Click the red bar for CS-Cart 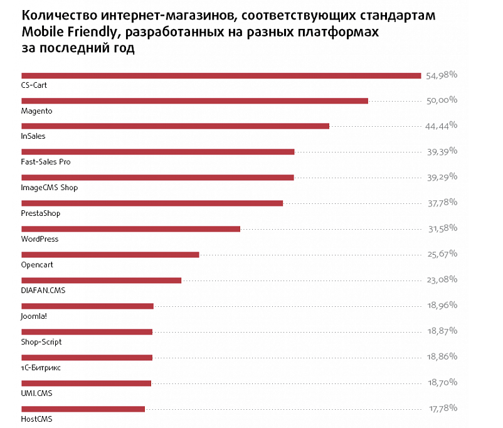click(x=221, y=76)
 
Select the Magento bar click(x=194, y=100)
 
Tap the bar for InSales click(x=175, y=126)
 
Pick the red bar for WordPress click(x=130, y=229)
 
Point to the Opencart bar click(x=110, y=255)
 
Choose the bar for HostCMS click(x=83, y=409)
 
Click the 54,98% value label click(x=442, y=75)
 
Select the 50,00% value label click(x=442, y=100)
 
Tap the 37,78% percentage click(x=442, y=203)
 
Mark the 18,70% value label click(x=442, y=382)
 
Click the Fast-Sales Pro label click(x=46, y=162)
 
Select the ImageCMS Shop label click(x=50, y=188)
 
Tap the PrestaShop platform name click(x=41, y=213)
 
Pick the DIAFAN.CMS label click(x=43, y=291)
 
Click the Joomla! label click(x=34, y=316)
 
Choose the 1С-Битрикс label click(x=41, y=368)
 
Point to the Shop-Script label click(x=41, y=342)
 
